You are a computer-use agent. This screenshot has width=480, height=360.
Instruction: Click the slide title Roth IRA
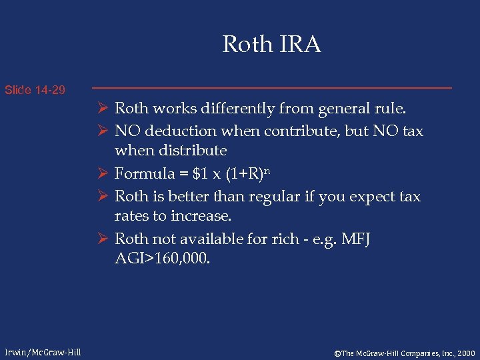[x=271, y=45]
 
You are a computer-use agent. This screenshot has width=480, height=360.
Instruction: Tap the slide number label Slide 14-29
[x=35, y=89]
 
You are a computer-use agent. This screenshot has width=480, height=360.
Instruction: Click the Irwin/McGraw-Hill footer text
[x=43, y=352]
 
